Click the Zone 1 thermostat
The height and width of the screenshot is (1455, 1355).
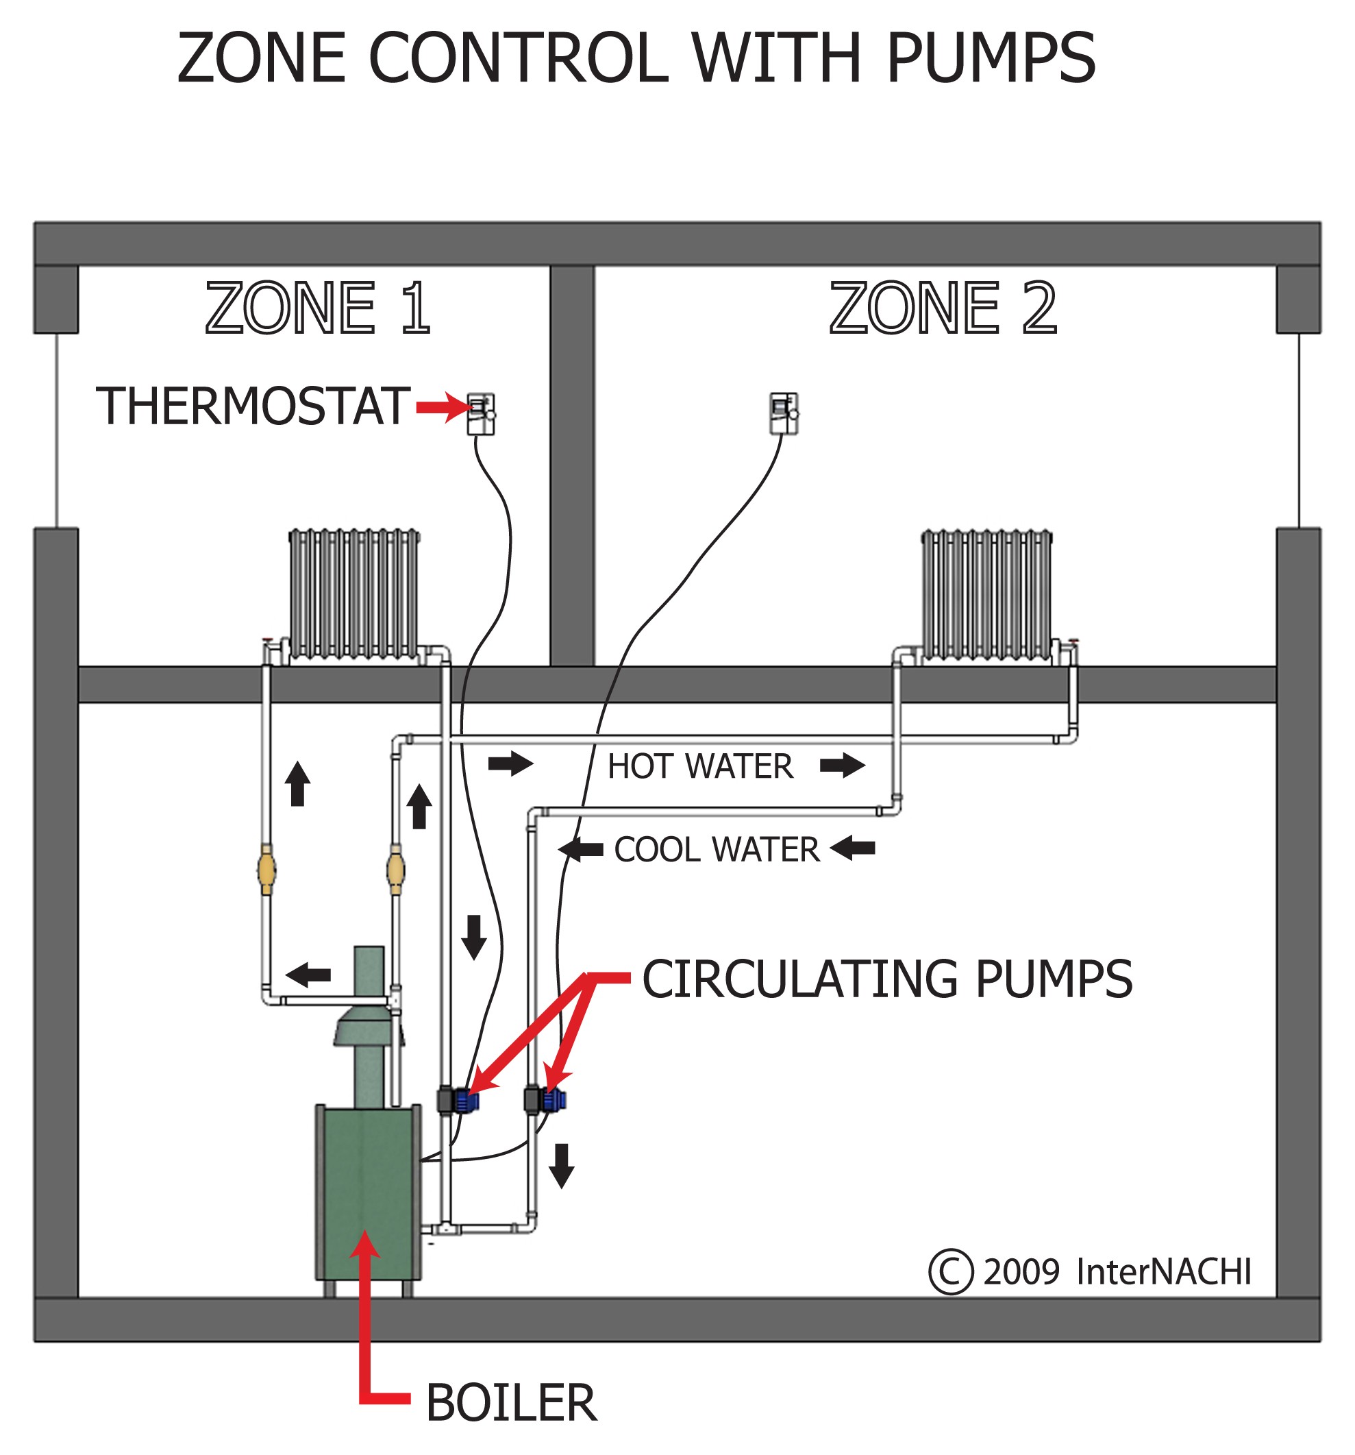481,413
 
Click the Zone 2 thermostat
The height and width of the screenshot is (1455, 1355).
783,413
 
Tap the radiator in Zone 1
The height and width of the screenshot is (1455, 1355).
354,593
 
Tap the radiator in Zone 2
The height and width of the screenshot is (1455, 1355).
986,593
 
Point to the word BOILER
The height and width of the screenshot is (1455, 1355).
510,1403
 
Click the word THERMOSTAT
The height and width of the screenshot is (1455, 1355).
252,406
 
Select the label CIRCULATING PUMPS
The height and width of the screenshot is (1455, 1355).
886,979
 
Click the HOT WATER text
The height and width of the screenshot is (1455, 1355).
699,766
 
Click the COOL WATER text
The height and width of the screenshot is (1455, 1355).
717,850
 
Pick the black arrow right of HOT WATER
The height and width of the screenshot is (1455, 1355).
842,766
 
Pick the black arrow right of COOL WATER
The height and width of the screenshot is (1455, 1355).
853,848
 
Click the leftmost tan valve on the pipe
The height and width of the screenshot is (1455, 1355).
266,869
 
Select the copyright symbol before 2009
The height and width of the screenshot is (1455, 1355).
950,1271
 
